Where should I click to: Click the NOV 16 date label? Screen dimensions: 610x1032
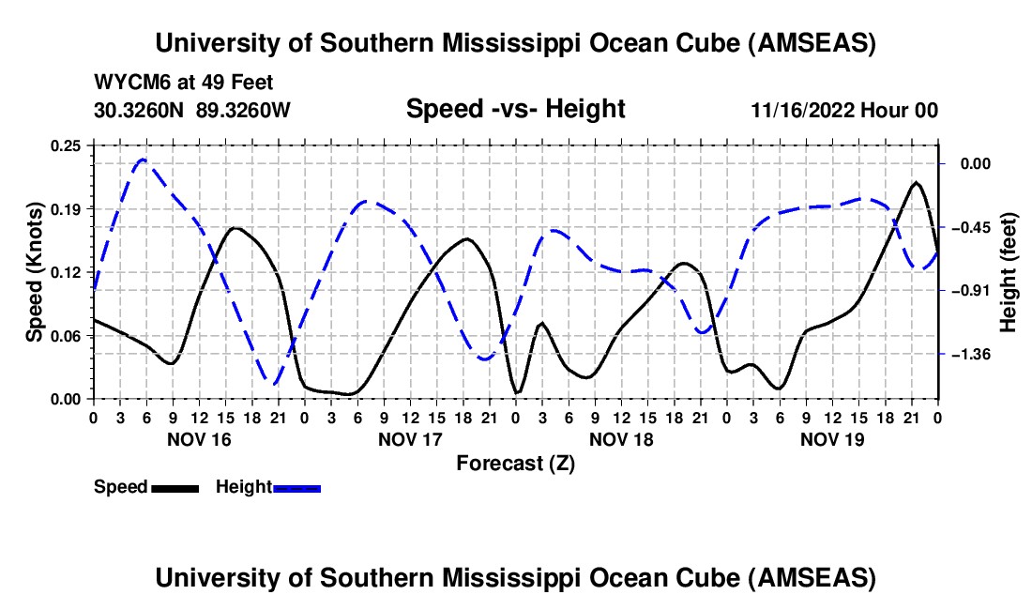(x=199, y=439)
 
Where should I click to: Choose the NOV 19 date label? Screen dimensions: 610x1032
(x=832, y=439)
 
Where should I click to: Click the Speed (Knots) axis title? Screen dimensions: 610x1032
(x=35, y=272)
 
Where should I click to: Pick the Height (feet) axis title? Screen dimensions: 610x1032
(x=1009, y=272)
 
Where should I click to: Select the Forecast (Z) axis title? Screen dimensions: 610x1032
(x=515, y=463)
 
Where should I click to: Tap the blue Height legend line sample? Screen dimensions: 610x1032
(x=297, y=487)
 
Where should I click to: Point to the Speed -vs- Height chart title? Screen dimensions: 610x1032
(x=515, y=110)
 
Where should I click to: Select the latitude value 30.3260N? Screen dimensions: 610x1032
(x=141, y=110)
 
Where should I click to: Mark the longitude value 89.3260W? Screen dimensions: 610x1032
(x=244, y=110)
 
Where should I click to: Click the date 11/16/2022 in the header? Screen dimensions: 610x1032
(x=802, y=110)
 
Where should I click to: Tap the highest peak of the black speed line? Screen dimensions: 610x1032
(x=917, y=182)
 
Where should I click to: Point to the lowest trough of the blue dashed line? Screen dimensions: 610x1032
(x=274, y=383)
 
